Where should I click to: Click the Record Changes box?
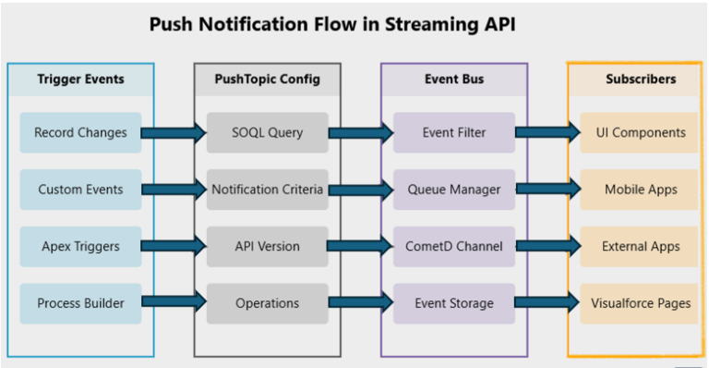pyautogui.click(x=80, y=132)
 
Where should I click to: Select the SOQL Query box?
pyautogui.click(x=267, y=132)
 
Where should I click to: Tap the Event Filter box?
pyautogui.click(x=453, y=132)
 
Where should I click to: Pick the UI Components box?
pyautogui.click(x=641, y=132)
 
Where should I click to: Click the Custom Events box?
pyautogui.click(x=80, y=190)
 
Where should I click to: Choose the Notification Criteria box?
pyautogui.click(x=267, y=190)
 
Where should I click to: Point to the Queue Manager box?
pyautogui.click(x=453, y=190)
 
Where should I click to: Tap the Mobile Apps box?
pyautogui.click(x=641, y=190)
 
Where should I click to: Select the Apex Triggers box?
pyautogui.click(x=80, y=247)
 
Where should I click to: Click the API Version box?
pyautogui.click(x=267, y=247)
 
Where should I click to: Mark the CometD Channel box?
pyautogui.click(x=453, y=247)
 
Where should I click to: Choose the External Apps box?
pyautogui.click(x=641, y=247)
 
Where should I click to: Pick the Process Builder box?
pyautogui.click(x=80, y=303)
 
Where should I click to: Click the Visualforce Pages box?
pyautogui.click(x=641, y=303)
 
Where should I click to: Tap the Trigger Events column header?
pyautogui.click(x=80, y=80)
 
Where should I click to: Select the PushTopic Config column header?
pyautogui.click(x=267, y=80)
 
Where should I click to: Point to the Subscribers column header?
pyautogui.click(x=641, y=80)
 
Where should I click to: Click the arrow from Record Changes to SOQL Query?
pyautogui.click(x=174, y=133)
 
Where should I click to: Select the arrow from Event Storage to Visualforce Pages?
pyautogui.click(x=547, y=303)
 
